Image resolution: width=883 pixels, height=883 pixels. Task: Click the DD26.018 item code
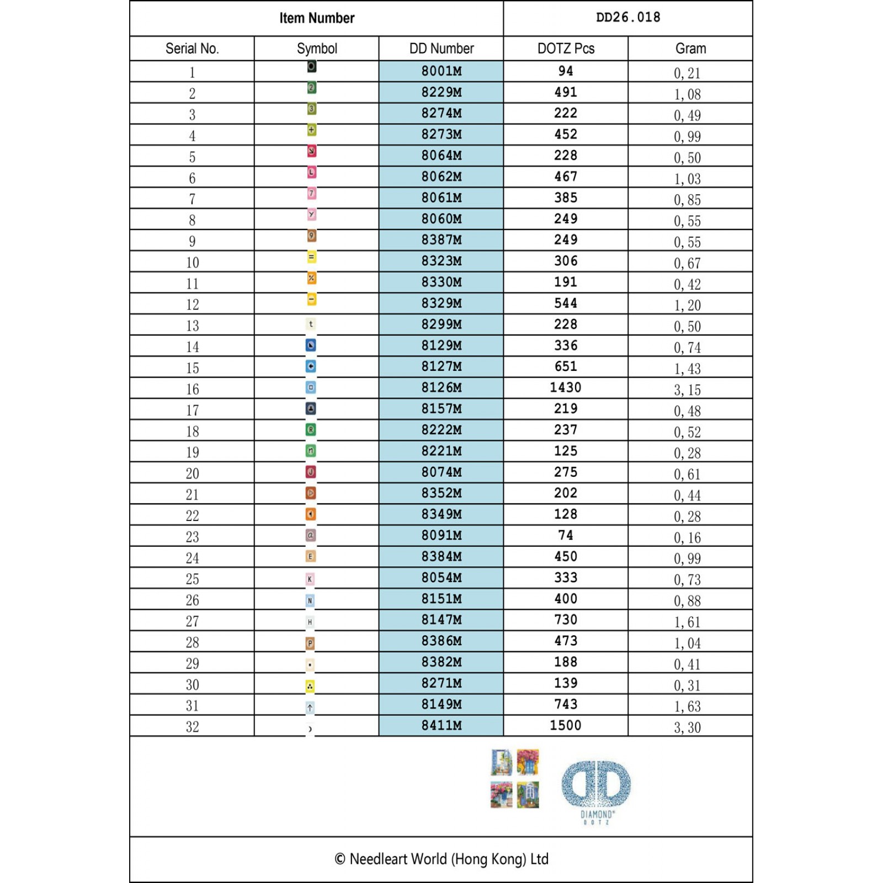coord(628,18)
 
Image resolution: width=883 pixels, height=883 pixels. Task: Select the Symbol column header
coord(317,49)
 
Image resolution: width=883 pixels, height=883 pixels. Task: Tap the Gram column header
coord(690,49)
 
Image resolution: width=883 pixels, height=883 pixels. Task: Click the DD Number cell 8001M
coord(441,71)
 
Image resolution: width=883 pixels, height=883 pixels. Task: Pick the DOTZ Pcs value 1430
coord(566,387)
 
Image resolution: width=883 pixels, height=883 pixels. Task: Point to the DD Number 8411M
coord(441,726)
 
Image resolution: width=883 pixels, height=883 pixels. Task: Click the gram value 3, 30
coord(687,727)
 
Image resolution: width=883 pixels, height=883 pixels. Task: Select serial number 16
coord(192,389)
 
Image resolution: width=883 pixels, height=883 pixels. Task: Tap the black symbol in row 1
coord(312,67)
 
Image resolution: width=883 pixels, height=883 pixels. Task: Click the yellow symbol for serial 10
coord(312,257)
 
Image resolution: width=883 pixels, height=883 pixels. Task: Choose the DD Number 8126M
coord(441,387)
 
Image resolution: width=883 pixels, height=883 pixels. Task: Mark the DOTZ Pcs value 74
coord(566,535)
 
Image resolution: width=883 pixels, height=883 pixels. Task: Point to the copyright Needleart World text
coord(441,859)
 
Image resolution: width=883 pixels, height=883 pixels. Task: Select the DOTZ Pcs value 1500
coord(566,726)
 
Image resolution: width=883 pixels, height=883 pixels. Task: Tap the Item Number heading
coord(317,18)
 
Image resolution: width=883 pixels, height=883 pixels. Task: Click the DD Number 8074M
coord(441,472)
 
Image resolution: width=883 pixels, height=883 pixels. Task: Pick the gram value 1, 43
coord(687,369)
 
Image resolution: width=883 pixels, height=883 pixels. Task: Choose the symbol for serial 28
coord(310,643)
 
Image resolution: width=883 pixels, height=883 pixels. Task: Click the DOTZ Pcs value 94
coord(566,71)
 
